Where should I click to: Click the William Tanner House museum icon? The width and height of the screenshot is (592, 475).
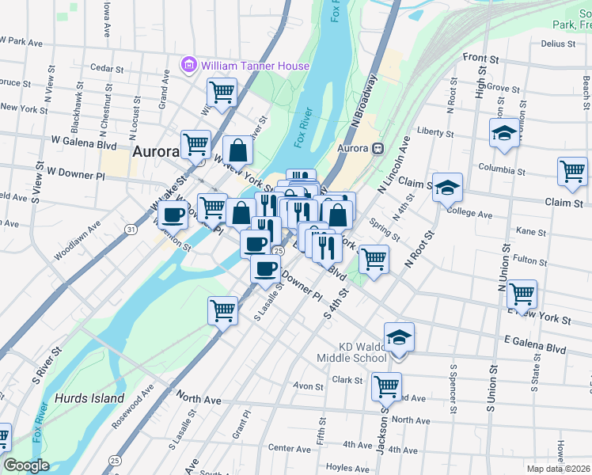(189, 65)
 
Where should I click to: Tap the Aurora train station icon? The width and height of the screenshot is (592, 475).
(378, 148)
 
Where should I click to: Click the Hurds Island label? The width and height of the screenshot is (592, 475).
(89, 398)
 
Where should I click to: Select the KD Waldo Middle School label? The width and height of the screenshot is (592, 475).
(363, 352)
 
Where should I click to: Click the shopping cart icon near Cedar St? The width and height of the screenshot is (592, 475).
(222, 92)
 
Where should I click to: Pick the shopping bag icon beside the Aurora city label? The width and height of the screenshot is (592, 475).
(237, 150)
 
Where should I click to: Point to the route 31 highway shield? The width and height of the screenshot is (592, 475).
(128, 230)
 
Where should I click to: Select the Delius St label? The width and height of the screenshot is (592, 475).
(557, 44)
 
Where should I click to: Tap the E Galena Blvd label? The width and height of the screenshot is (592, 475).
(535, 348)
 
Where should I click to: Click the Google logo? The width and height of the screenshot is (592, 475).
(26, 465)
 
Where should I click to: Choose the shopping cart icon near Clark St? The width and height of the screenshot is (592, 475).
(386, 387)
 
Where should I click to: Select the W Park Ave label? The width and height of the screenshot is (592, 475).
(24, 41)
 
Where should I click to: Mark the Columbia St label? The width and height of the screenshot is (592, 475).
(503, 169)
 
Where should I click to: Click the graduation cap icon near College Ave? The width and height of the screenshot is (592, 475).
(447, 188)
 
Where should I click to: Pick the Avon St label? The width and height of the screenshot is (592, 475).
(302, 386)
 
